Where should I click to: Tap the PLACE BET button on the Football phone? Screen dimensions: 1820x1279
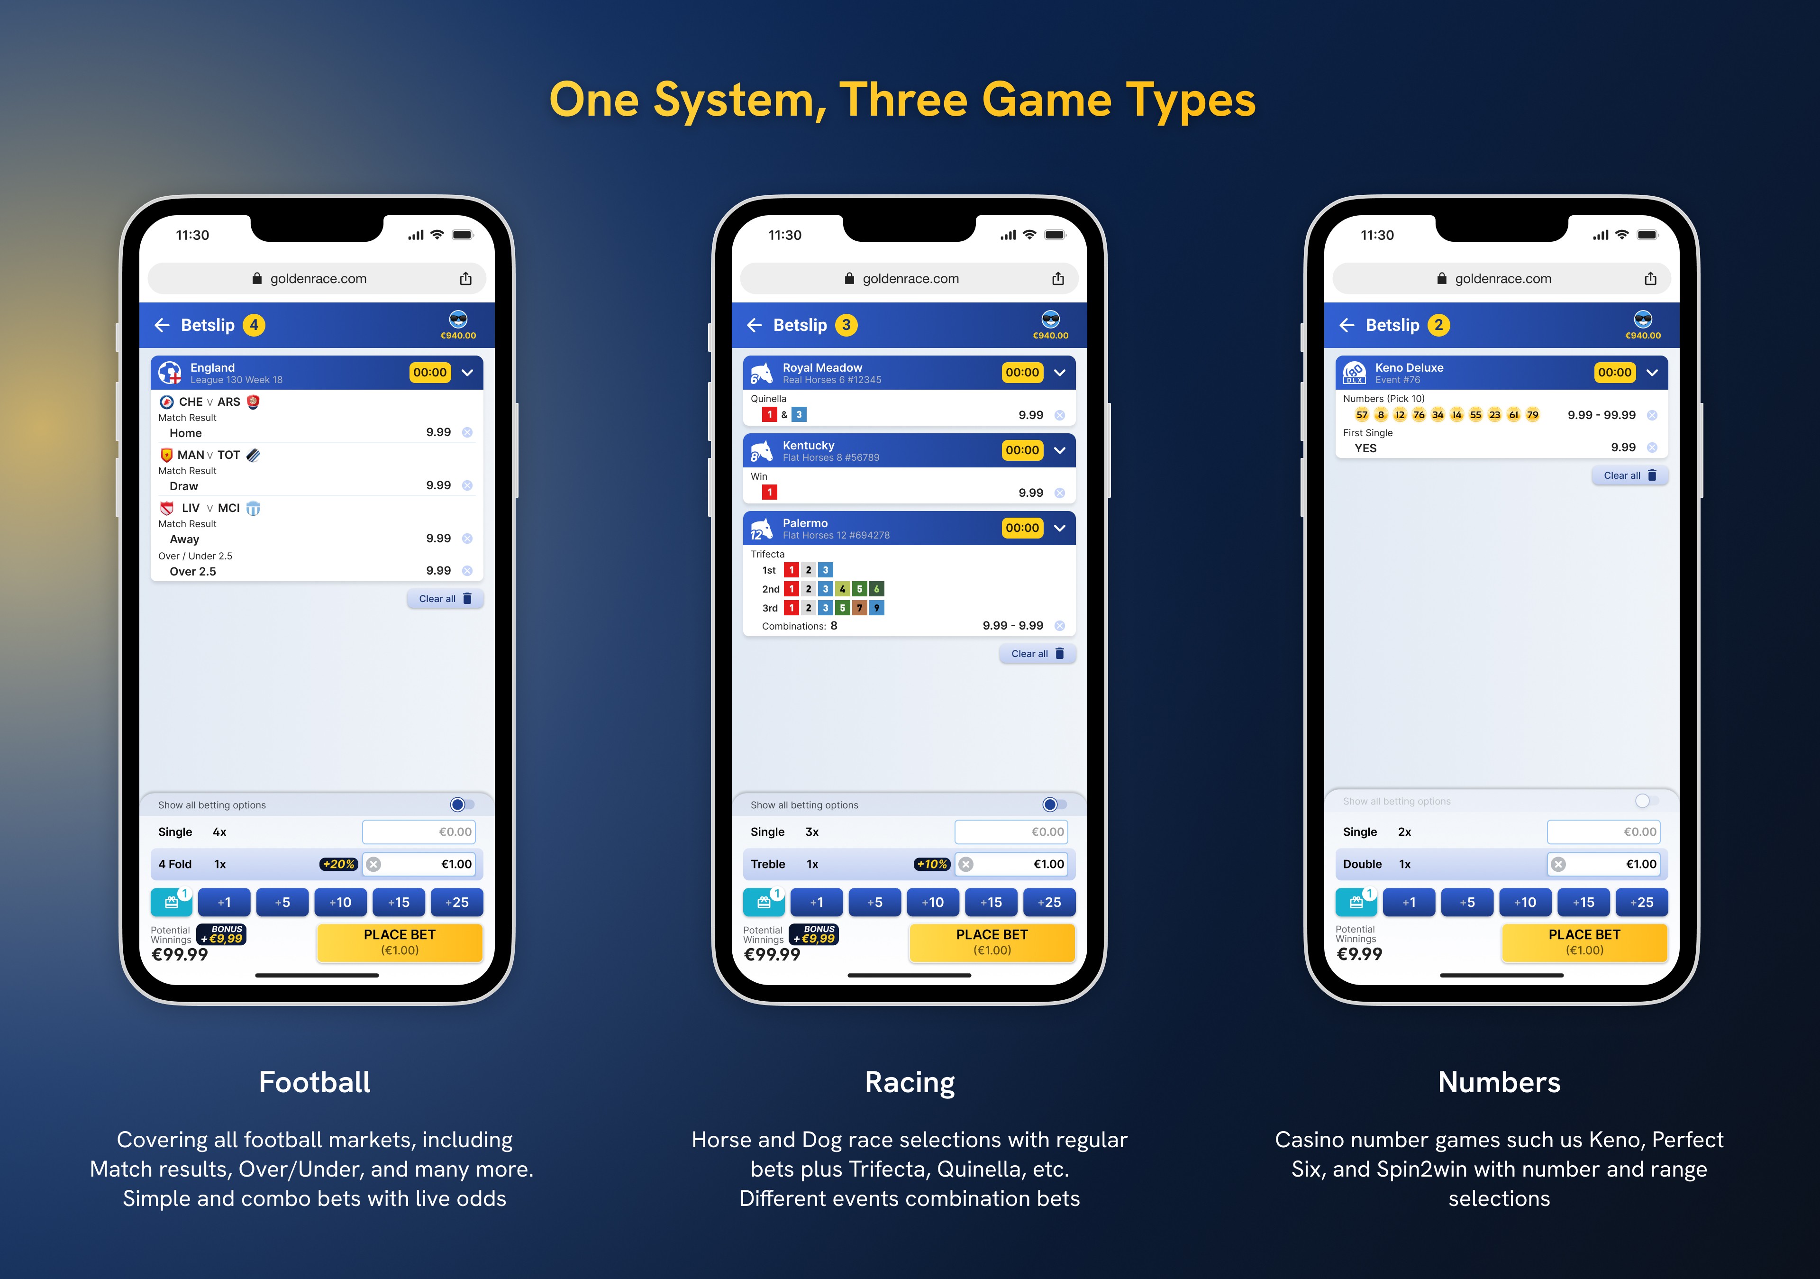click(400, 942)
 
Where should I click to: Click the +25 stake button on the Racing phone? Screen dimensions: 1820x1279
click(1049, 902)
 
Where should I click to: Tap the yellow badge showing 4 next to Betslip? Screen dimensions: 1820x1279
click(254, 325)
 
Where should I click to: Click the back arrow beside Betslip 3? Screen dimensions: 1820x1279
click(755, 325)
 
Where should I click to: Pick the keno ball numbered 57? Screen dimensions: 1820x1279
click(1362, 415)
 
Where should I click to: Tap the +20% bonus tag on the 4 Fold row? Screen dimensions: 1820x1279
click(338, 864)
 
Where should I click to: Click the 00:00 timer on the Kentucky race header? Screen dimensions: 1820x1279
click(1022, 450)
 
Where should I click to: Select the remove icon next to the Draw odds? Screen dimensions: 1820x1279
click(467, 485)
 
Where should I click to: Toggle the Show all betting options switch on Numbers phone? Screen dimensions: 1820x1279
click(1647, 801)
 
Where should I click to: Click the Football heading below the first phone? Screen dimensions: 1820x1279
click(315, 1082)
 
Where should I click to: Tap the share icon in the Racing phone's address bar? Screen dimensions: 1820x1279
click(1057, 278)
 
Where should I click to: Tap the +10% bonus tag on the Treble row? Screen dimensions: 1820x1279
click(931, 864)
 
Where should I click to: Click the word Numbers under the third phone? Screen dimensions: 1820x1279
click(1499, 1082)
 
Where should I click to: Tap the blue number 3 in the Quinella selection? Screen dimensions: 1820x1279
click(799, 415)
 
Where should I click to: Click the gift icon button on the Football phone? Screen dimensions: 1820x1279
click(171, 902)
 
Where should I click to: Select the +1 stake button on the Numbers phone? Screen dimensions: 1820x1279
click(1409, 902)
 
